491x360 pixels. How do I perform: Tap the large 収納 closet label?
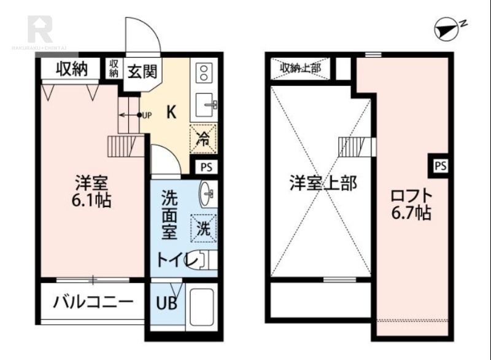[69, 69]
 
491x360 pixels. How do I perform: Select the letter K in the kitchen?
[172, 112]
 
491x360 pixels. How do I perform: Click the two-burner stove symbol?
[203, 74]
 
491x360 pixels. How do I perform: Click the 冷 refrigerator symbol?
[203, 138]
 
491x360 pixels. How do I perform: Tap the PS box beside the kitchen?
[204, 166]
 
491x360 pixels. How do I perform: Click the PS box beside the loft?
[440, 165]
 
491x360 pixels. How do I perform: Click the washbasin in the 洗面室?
[206, 195]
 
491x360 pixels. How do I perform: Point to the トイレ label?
[177, 260]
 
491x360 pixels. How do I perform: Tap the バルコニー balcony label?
[92, 302]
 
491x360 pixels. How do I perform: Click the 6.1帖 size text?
[93, 200]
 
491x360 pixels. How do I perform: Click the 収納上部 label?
[301, 68]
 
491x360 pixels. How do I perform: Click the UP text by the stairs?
[147, 114]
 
